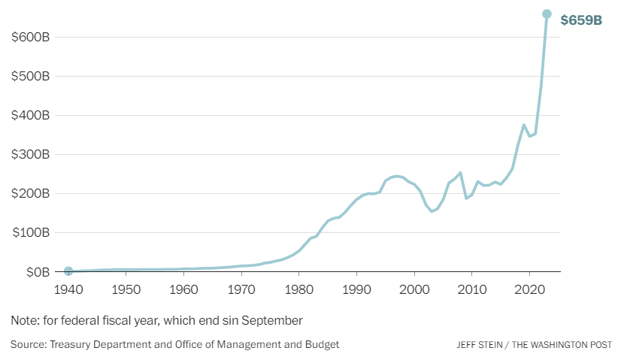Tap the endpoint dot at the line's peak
coord(547,14)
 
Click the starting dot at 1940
coord(68,271)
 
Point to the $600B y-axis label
coord(31,38)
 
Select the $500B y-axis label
coord(31,77)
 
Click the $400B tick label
coord(31,116)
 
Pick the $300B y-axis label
coord(31,155)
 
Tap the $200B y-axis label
coord(31,194)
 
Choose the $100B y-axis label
coord(31,233)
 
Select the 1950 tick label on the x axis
coord(126,289)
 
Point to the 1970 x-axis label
coord(241,289)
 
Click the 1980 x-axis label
coord(299,289)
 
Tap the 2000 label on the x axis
coord(414,289)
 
